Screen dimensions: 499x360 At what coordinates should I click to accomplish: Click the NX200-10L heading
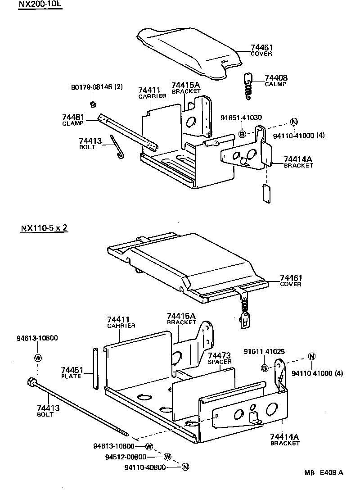pyautogui.click(x=40, y=5)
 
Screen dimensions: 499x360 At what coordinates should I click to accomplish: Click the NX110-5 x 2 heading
pyautogui.click(x=44, y=227)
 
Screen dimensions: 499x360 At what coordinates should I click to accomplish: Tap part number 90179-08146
pyautogui.click(x=97, y=86)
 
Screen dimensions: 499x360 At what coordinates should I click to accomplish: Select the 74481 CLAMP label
pyautogui.click(x=73, y=120)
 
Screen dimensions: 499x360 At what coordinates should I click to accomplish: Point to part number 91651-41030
pyautogui.click(x=241, y=118)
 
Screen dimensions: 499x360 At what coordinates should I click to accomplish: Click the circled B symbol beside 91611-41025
pyautogui.click(x=265, y=368)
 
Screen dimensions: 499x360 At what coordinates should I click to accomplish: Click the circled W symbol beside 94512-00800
pyautogui.click(x=167, y=456)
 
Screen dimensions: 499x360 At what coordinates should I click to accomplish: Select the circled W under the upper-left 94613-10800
pyautogui.click(x=38, y=358)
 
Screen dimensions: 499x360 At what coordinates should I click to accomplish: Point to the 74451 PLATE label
pyautogui.click(x=72, y=373)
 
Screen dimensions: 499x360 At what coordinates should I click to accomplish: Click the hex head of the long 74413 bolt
pyautogui.click(x=32, y=382)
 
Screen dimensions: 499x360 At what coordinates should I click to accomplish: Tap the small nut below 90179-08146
pyautogui.click(x=92, y=104)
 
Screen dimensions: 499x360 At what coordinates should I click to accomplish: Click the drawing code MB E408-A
pyautogui.click(x=323, y=472)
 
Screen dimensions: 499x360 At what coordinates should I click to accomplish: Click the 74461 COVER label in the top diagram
pyautogui.click(x=261, y=50)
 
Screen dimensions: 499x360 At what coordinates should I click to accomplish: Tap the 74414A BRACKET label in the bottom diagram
pyautogui.click(x=285, y=439)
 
